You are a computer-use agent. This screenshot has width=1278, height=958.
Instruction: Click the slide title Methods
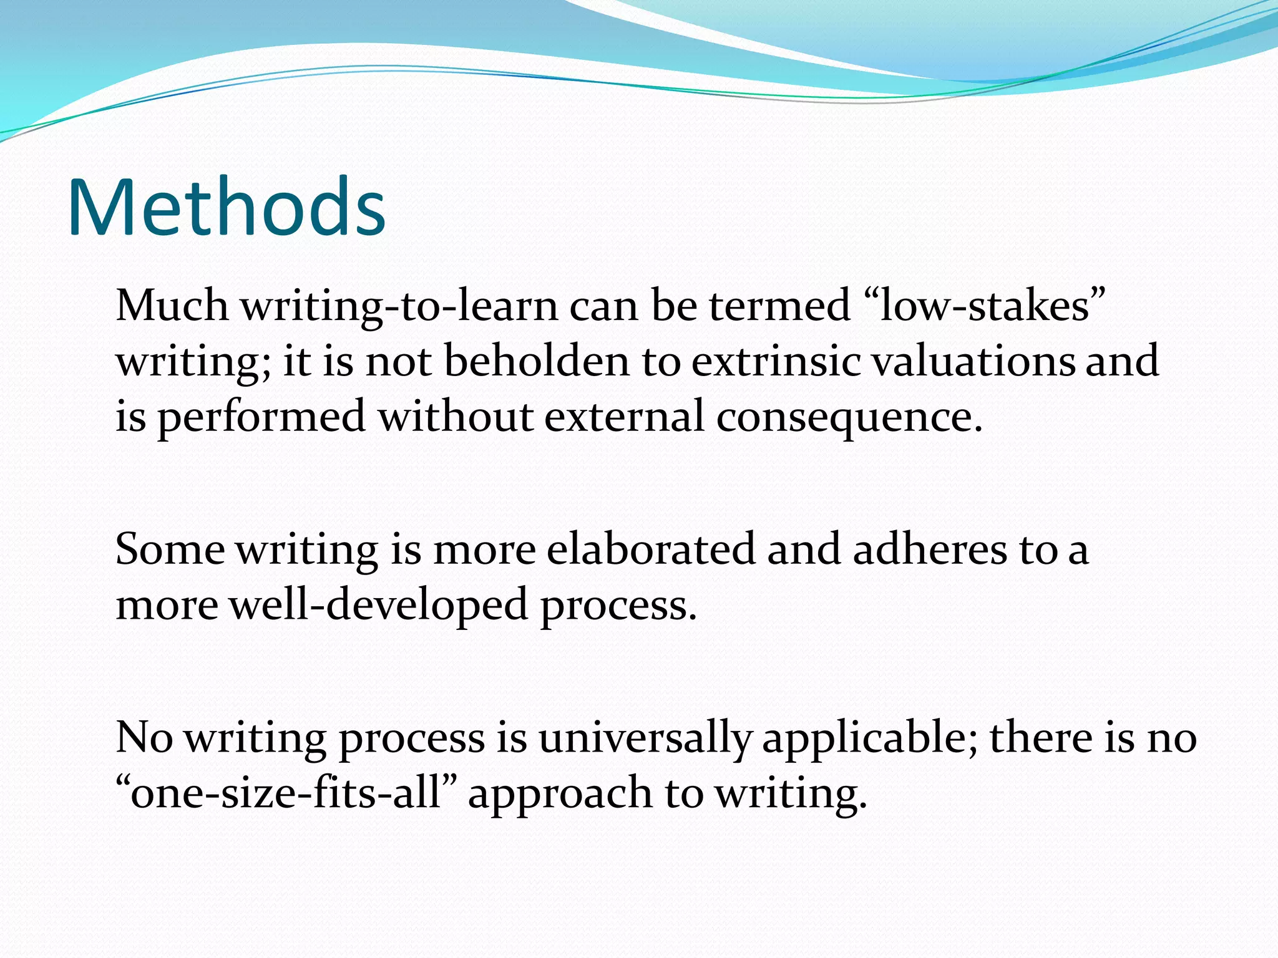click(226, 207)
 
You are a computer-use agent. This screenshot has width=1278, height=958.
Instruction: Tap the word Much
click(172, 306)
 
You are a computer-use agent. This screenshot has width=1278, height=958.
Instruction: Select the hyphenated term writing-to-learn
click(399, 307)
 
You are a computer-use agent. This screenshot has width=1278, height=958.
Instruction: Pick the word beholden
click(537, 361)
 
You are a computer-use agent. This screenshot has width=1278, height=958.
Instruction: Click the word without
click(456, 416)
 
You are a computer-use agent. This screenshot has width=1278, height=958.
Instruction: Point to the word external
click(624, 416)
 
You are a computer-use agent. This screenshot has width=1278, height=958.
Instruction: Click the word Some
click(170, 549)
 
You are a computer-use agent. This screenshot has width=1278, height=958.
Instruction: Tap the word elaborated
click(650, 549)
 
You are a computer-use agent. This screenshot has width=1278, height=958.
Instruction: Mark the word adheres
click(930, 549)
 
